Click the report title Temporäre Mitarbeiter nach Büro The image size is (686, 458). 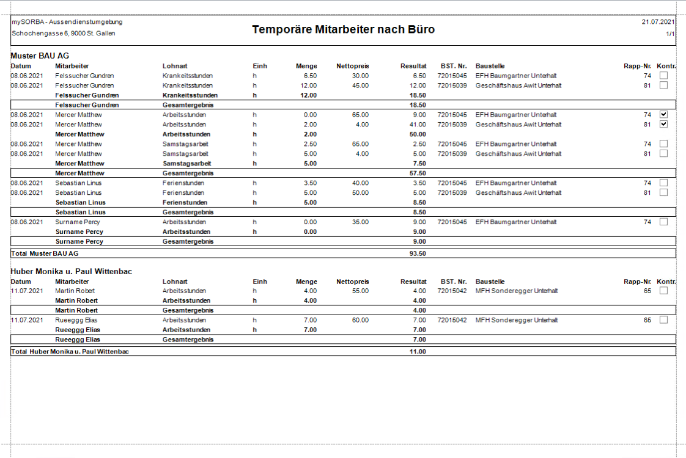pos(343,29)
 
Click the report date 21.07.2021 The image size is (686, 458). pos(658,21)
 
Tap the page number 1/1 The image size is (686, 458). pos(670,34)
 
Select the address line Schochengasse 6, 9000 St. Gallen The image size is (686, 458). pos(64,33)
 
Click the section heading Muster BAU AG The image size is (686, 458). pos(40,56)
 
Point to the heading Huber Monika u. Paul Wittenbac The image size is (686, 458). pos(72,271)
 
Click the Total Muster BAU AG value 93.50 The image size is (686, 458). pos(417,253)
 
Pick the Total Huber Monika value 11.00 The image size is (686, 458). pos(417,351)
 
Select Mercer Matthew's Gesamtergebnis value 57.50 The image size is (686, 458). pos(417,173)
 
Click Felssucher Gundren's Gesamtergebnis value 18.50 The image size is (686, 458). pos(417,105)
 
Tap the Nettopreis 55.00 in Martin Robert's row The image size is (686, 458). pos(360,291)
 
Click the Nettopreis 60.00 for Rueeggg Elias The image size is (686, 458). pos(360,320)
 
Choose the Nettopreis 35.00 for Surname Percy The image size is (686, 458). pos(360,222)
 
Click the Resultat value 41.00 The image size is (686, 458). pos(418,125)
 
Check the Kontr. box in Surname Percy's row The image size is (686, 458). pos(663,222)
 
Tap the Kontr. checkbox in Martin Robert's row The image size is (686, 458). pos(663,291)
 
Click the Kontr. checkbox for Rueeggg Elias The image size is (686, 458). pos(663,320)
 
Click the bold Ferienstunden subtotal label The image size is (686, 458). pos(185,202)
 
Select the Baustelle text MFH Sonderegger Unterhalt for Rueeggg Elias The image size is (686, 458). pos(517,320)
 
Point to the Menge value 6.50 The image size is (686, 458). pos(309,76)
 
